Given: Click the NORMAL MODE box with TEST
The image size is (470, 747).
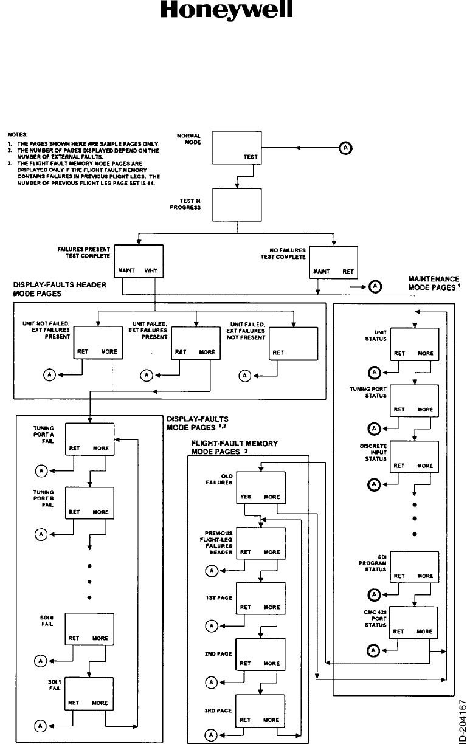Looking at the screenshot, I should [x=237, y=148].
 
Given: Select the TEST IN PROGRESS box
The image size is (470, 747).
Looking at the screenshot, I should [x=237, y=206].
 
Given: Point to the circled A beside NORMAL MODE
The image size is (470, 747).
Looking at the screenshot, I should [x=344, y=148].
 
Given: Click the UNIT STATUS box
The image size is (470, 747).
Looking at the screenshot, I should [x=414, y=344].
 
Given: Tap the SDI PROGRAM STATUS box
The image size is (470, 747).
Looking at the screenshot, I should [x=414, y=567].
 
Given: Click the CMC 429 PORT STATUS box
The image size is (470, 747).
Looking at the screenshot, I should [x=414, y=622].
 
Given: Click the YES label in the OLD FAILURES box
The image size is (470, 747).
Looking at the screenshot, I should [x=246, y=497].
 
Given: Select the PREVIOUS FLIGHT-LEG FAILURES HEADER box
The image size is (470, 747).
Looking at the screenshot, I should [x=260, y=543].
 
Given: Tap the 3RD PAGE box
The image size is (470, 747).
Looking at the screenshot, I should [x=260, y=711].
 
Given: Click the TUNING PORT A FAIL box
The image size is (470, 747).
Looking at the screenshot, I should [x=89, y=439].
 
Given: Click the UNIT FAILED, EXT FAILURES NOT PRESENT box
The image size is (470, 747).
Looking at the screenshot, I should [x=294, y=343].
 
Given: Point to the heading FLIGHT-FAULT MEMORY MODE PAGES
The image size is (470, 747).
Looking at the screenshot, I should [x=235, y=448].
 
